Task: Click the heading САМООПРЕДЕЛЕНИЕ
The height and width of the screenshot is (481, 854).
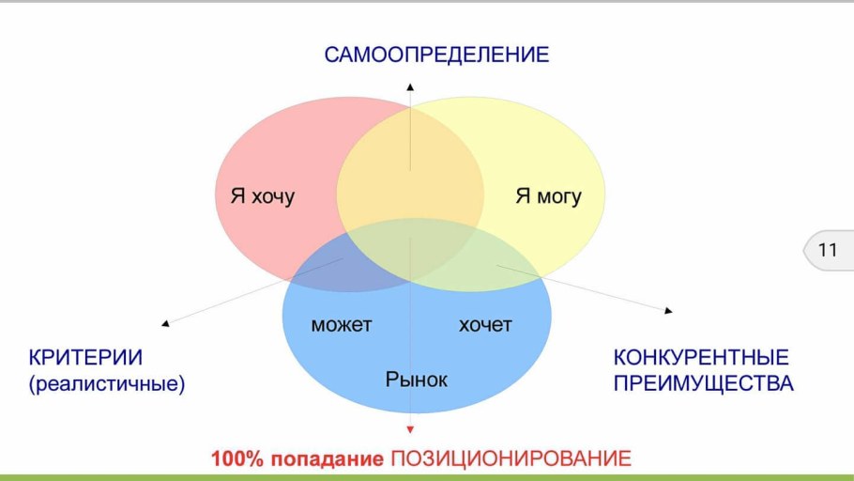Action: (436, 54)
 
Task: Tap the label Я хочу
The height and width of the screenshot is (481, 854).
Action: (262, 196)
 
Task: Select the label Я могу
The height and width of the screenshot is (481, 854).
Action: (548, 196)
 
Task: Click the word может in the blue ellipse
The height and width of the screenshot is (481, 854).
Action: (341, 325)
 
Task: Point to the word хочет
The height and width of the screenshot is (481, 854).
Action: (485, 325)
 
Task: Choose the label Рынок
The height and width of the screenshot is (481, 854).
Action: (416, 380)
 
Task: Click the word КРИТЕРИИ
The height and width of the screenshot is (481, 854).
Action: (85, 358)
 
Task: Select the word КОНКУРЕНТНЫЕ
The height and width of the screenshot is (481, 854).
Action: (701, 358)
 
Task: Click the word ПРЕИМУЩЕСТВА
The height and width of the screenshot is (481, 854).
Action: (704, 383)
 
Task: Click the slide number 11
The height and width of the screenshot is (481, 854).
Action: (828, 251)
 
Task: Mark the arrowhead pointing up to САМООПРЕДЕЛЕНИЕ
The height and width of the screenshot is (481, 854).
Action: (410, 86)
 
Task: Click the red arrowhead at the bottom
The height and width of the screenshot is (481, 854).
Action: (410, 429)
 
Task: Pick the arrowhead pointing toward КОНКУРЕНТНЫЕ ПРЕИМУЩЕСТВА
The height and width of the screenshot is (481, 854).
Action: (668, 309)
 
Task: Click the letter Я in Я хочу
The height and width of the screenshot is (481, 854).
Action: (237, 196)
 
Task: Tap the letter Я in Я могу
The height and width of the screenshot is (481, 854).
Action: (523, 196)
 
